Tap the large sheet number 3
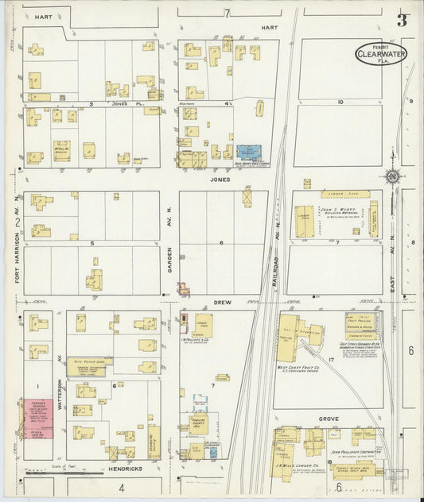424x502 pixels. pyautogui.click(x=402, y=20)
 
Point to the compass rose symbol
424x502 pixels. pyautogui.click(x=392, y=176)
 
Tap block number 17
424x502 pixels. pyautogui.click(x=330, y=360)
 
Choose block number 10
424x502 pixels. pyautogui.click(x=340, y=102)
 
